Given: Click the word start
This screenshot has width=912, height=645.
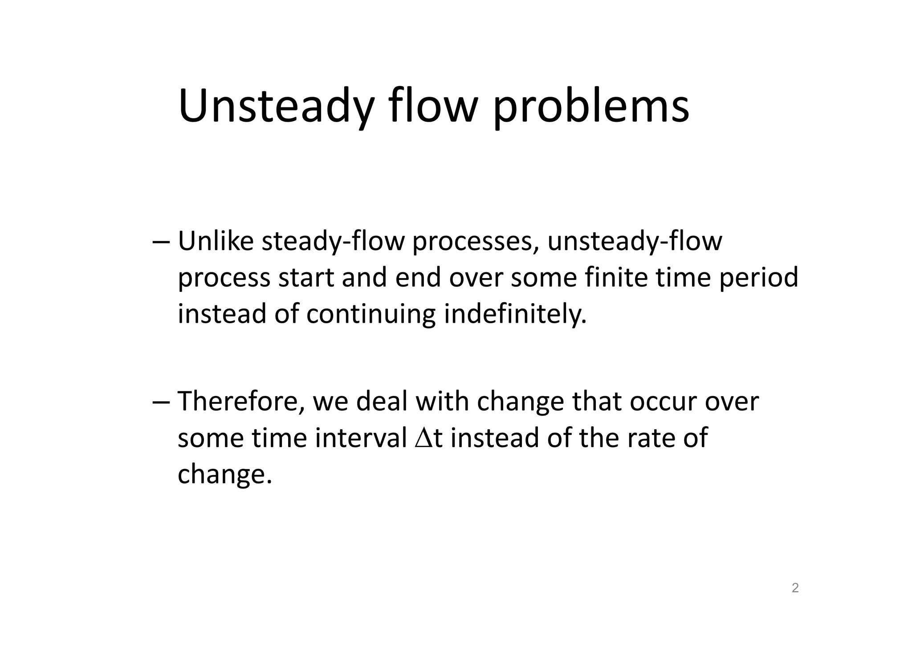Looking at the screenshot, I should (306, 277).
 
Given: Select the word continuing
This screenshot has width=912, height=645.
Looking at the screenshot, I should (370, 314).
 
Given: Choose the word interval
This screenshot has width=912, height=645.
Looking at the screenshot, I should (361, 438).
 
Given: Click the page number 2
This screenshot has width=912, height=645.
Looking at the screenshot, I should (795, 588).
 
